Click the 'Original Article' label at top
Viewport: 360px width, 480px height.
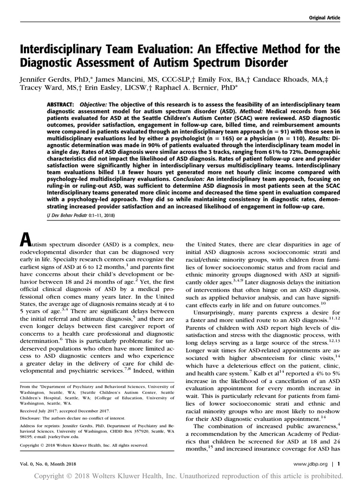click(324, 18)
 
